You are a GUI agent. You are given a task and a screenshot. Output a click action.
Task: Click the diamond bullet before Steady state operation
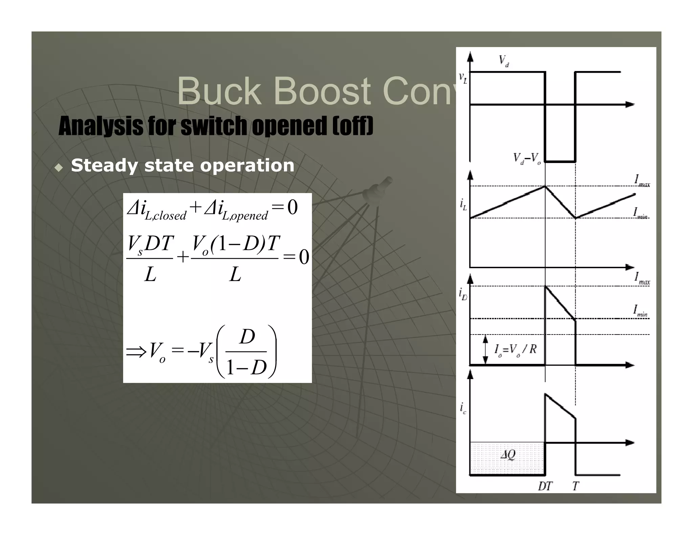point(59,167)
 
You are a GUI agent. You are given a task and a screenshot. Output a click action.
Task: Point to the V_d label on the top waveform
point(504,61)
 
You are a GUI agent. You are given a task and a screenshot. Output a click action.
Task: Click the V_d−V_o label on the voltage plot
point(527,158)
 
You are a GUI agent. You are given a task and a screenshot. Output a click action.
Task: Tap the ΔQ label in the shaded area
point(508,455)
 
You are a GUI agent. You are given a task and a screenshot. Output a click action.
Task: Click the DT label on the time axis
point(545,486)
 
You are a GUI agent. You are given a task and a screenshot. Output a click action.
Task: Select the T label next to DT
point(576,486)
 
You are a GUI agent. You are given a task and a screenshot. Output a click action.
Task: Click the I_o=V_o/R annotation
point(515,349)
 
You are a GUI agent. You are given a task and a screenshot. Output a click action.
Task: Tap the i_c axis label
point(463,408)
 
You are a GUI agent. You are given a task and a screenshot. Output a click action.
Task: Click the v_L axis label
point(463,78)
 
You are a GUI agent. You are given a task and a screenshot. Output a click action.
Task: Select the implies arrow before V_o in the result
point(136,352)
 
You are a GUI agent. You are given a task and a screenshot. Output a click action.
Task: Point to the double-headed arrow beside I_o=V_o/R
point(486,350)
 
